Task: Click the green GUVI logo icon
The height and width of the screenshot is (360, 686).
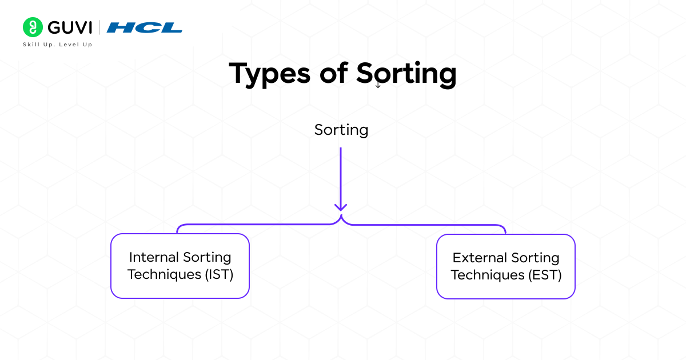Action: click(x=33, y=27)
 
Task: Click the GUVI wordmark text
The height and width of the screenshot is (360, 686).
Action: click(x=69, y=27)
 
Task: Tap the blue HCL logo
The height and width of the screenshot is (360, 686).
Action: click(x=145, y=27)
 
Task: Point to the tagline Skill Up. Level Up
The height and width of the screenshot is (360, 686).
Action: click(x=57, y=45)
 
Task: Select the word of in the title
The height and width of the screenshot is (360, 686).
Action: click(x=334, y=74)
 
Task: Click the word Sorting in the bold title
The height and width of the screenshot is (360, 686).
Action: click(x=406, y=74)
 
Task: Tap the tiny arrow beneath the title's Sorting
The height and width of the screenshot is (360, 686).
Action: click(x=378, y=85)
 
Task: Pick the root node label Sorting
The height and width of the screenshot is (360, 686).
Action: click(x=341, y=130)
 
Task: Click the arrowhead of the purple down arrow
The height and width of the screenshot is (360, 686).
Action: click(x=341, y=206)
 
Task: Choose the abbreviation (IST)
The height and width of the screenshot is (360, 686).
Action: click(x=219, y=274)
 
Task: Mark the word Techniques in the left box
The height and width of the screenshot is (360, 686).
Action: click(x=165, y=274)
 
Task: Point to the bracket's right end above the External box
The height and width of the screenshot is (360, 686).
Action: click(x=504, y=229)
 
